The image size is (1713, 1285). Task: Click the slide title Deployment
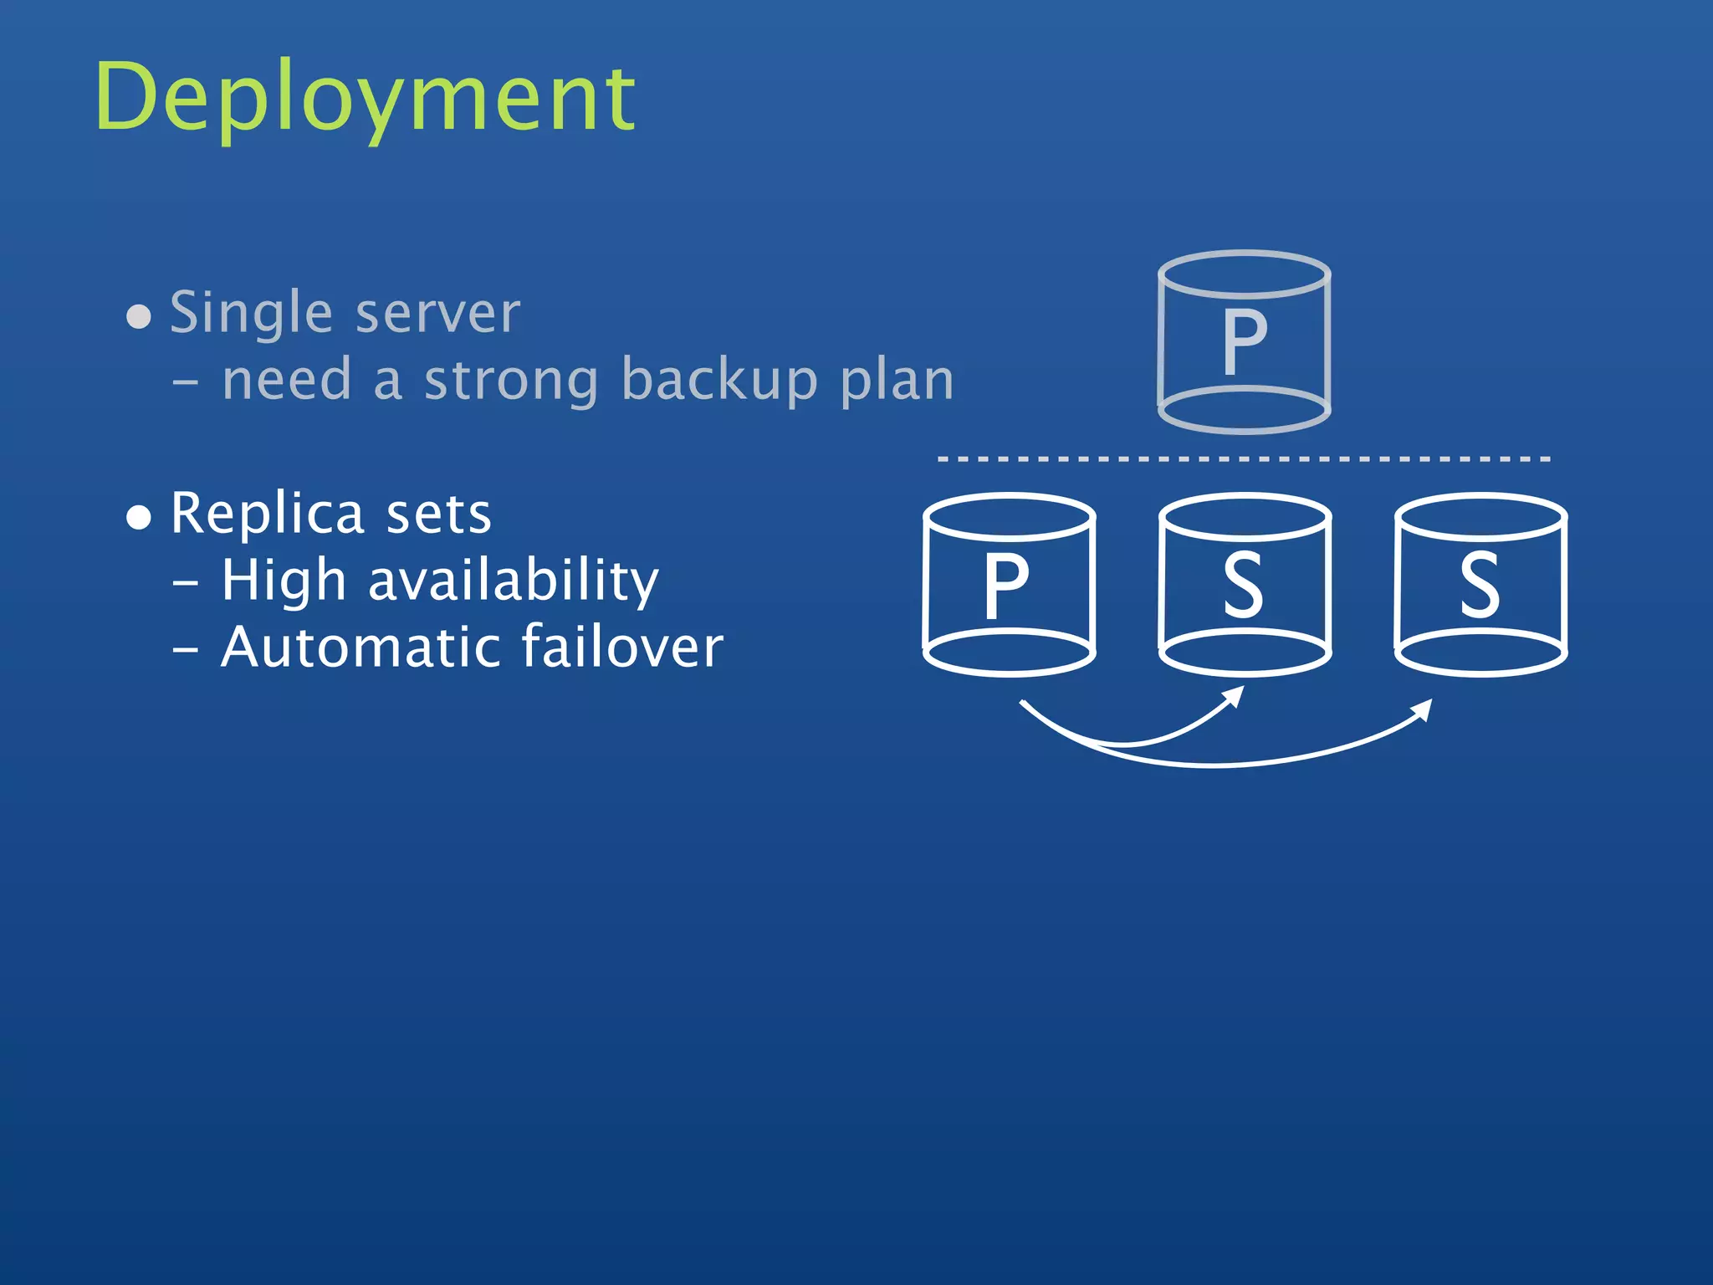coord(365,99)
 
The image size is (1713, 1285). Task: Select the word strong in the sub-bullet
coord(511,381)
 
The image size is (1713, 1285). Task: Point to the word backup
coord(718,381)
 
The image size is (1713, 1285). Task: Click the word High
coord(284,581)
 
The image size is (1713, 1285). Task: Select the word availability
coord(514,581)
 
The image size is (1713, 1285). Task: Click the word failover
coord(621,648)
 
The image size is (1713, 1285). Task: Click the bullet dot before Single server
coord(139,317)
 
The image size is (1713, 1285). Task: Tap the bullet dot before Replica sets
coord(139,518)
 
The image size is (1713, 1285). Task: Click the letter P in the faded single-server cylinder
coord(1245,342)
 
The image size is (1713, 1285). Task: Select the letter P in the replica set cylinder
coord(1005,586)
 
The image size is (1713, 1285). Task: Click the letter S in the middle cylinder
coord(1244,586)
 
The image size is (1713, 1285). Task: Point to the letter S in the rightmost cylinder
coord(1480,586)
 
